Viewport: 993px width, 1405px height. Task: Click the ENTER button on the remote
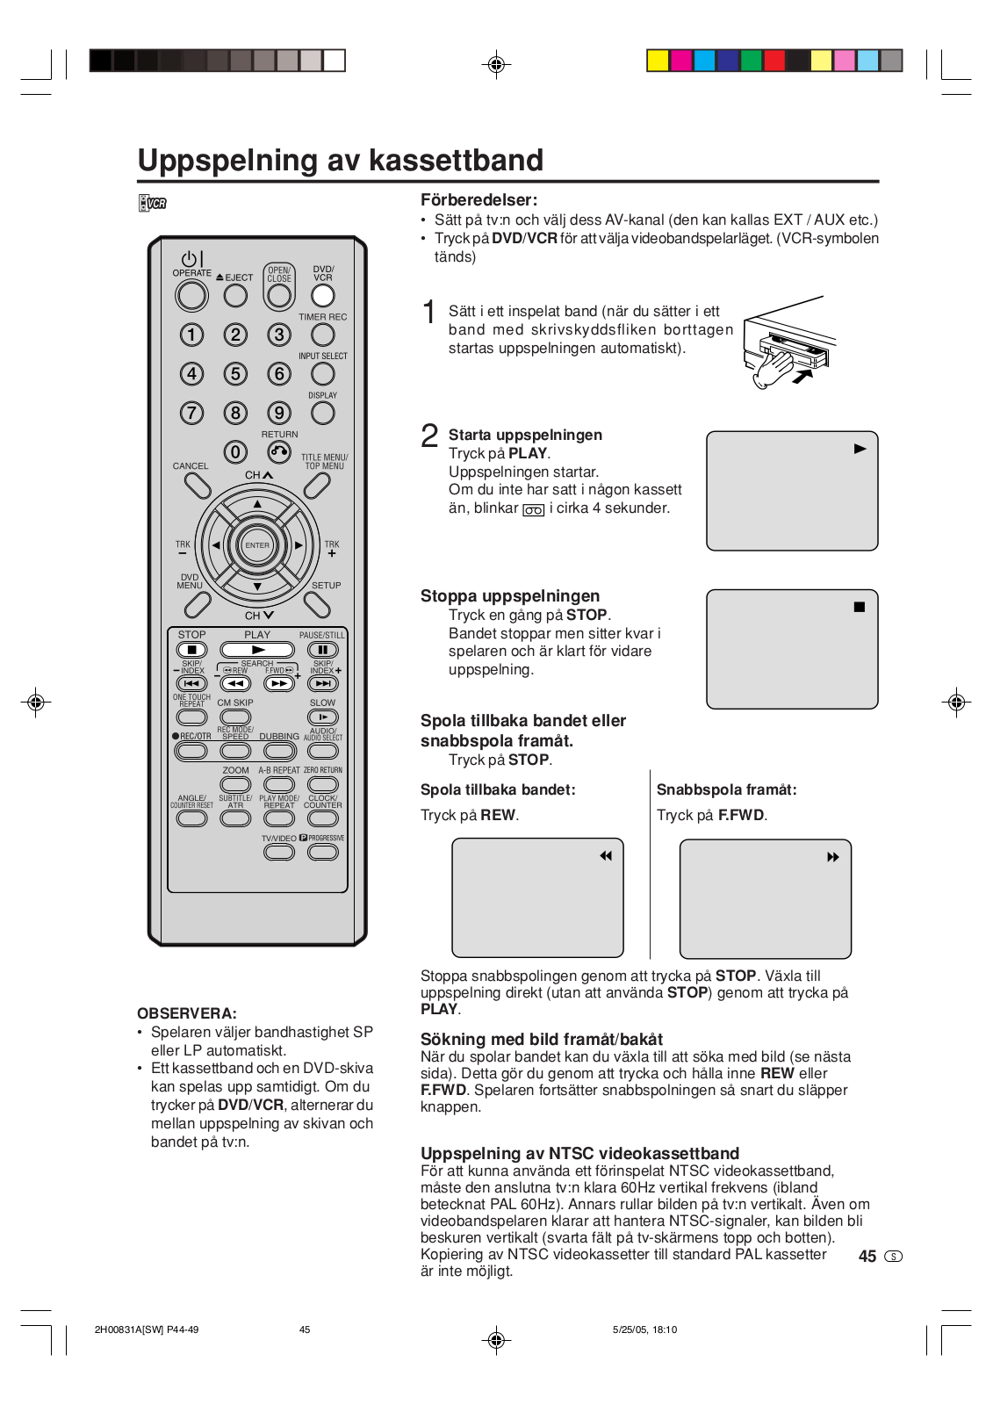pos(257,545)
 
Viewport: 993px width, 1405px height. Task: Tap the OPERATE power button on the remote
pos(191,296)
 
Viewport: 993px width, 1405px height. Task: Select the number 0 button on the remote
pos(235,452)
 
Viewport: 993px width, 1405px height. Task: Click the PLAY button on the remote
pos(257,650)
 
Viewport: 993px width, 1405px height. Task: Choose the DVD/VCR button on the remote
pos(323,296)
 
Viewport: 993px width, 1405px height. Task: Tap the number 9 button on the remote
pos(279,413)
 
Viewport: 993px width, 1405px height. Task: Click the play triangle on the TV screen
pos(860,449)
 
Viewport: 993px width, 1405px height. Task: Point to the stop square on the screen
pos(860,607)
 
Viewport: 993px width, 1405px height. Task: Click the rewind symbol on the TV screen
pos(606,856)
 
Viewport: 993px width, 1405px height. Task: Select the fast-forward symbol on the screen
pos(833,857)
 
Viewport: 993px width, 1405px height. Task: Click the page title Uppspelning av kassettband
pos(341,161)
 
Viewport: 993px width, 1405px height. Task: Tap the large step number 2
pos(429,436)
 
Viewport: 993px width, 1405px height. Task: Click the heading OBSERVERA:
pos(187,1013)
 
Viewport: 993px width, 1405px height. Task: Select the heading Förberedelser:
pos(479,200)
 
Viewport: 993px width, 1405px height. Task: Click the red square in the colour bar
pos(774,61)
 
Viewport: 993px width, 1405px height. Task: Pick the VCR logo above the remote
pos(153,204)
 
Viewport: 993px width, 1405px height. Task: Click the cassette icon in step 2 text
pos(534,510)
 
